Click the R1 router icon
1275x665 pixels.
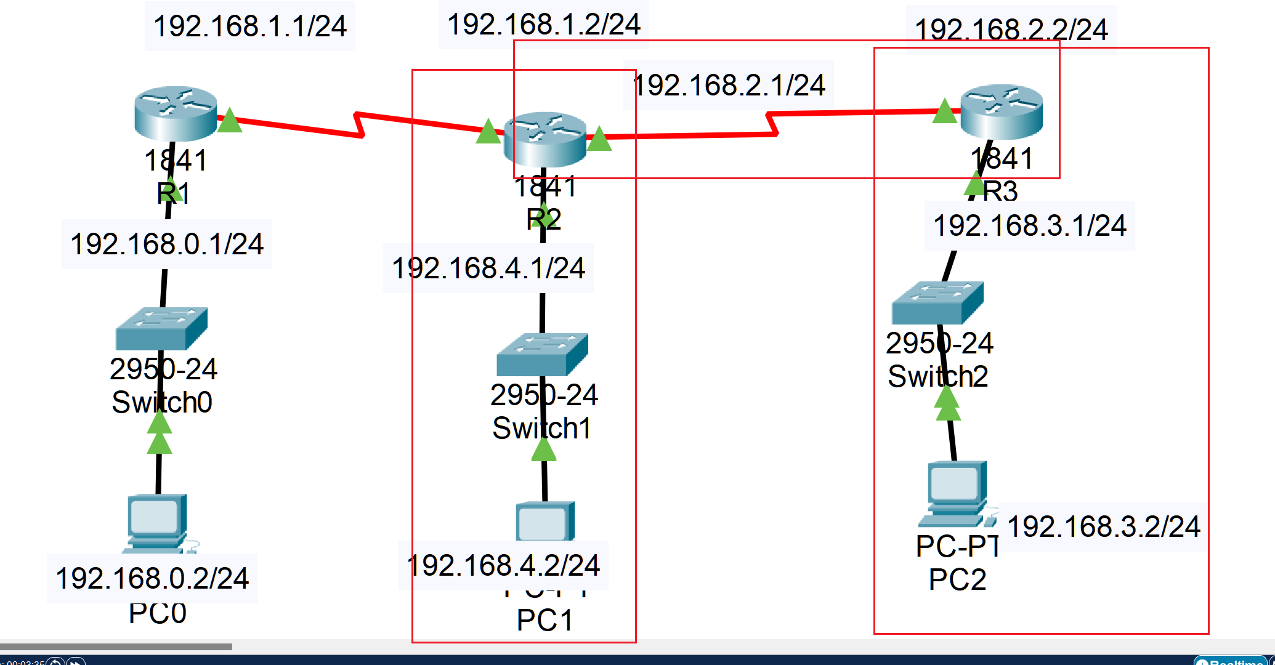(x=176, y=113)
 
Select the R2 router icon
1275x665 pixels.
(x=544, y=139)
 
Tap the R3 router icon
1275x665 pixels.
(x=1002, y=111)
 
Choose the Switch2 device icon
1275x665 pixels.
(x=937, y=302)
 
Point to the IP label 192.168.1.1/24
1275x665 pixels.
(x=250, y=26)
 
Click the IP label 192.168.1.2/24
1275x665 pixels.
(x=544, y=25)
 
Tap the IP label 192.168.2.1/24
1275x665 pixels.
(x=729, y=85)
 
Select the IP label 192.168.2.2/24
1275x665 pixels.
(x=1011, y=30)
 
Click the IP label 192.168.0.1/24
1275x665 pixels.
(x=167, y=244)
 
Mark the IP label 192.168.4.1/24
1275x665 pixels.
(x=488, y=268)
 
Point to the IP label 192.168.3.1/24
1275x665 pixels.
(x=1030, y=225)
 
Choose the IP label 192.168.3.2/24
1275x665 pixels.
(x=1104, y=526)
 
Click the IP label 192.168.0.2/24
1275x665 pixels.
(x=152, y=578)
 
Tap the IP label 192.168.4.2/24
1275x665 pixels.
(x=503, y=565)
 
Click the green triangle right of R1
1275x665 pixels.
(x=230, y=121)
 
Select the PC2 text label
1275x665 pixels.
(x=957, y=579)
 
